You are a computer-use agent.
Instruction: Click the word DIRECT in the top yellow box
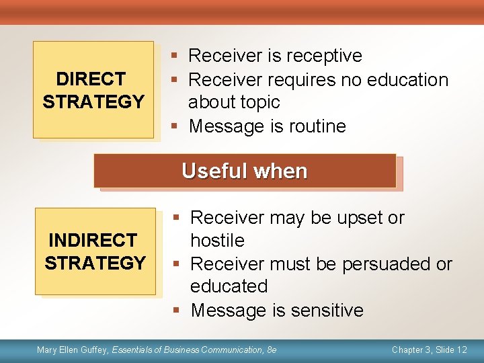pyautogui.click(x=90, y=79)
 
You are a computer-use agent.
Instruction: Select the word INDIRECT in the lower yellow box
pyautogui.click(x=92, y=240)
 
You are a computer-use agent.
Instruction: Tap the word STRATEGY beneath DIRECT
pyautogui.click(x=93, y=102)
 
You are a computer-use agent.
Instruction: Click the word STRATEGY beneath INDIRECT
pyautogui.click(x=95, y=263)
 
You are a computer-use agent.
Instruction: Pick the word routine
pyautogui.click(x=316, y=126)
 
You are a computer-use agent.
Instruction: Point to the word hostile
pyautogui.click(x=217, y=241)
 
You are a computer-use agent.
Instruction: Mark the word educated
pyautogui.click(x=229, y=286)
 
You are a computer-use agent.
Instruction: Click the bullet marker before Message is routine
pyautogui.click(x=175, y=126)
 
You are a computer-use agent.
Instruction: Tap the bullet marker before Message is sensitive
pyautogui.click(x=176, y=311)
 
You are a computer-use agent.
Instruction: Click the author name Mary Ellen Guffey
pyautogui.click(x=72, y=350)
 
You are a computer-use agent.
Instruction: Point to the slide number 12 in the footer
pyautogui.click(x=462, y=350)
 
